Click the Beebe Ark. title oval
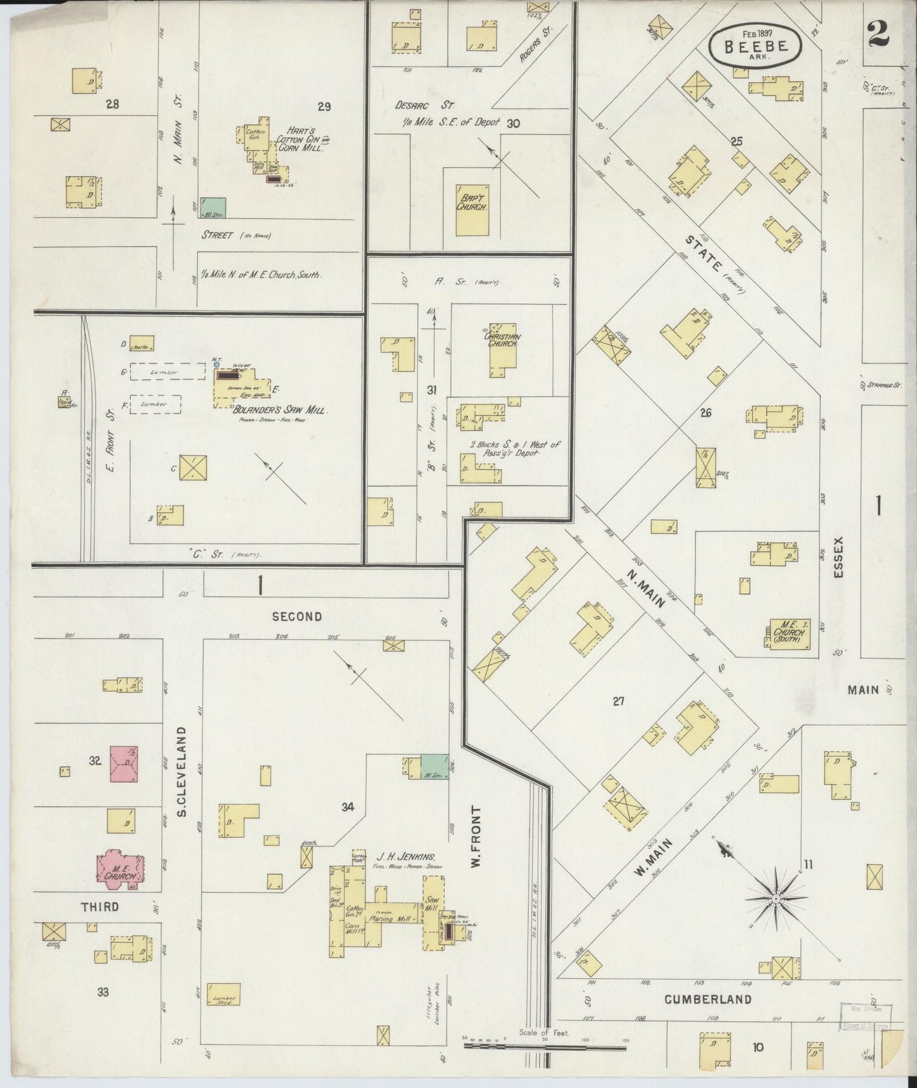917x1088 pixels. [x=755, y=47]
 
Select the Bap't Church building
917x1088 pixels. [x=472, y=209]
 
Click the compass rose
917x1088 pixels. [x=775, y=899]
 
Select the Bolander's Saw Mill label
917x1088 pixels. [x=282, y=410]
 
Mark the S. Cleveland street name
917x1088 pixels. [x=181, y=771]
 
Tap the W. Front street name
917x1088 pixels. [x=476, y=837]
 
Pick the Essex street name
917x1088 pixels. [x=840, y=557]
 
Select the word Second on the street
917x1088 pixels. [x=297, y=616]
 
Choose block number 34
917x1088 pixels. [x=347, y=807]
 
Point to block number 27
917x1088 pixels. [x=619, y=701]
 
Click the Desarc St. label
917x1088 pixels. [x=416, y=105]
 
